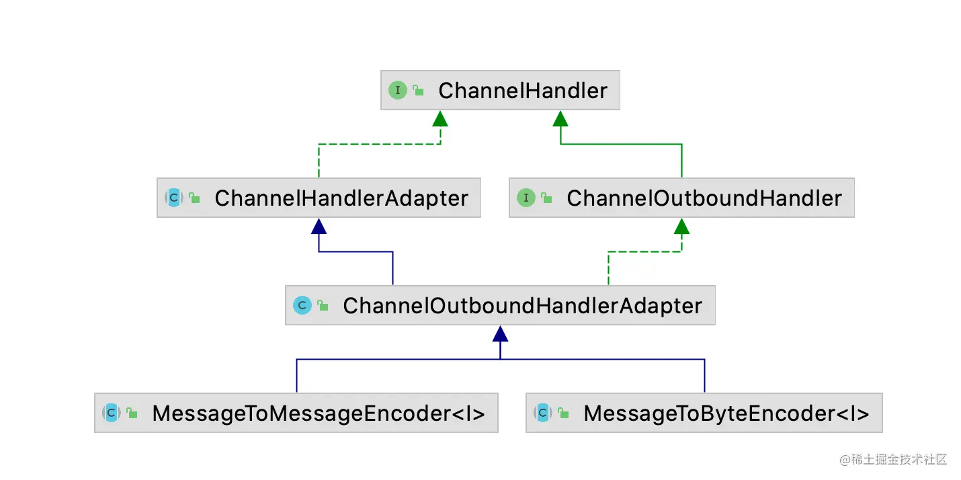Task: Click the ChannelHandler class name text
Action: tap(522, 91)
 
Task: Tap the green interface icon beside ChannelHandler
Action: tap(398, 90)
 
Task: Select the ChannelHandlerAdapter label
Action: tap(341, 198)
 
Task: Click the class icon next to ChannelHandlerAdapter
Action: tap(174, 198)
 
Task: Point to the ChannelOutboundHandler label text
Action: tap(704, 198)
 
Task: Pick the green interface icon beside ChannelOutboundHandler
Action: tap(526, 198)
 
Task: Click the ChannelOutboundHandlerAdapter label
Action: tap(522, 306)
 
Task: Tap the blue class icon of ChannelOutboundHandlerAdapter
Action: tap(302, 305)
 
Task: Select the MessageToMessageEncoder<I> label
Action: tap(318, 413)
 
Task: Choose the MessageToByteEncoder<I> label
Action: tap(726, 413)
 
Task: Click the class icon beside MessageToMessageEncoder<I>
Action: tap(112, 413)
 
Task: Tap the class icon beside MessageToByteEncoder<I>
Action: tap(543, 413)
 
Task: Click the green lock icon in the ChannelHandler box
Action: tap(419, 91)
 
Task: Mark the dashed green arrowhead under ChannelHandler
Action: tap(440, 119)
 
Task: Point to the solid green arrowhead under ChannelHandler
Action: tap(560, 119)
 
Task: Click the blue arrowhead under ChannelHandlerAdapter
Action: tap(319, 227)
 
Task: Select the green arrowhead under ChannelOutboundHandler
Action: tap(681, 227)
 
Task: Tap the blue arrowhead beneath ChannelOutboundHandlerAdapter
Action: tap(500, 334)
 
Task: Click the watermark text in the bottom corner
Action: tap(892, 460)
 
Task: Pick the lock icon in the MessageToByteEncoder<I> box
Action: tap(564, 413)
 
